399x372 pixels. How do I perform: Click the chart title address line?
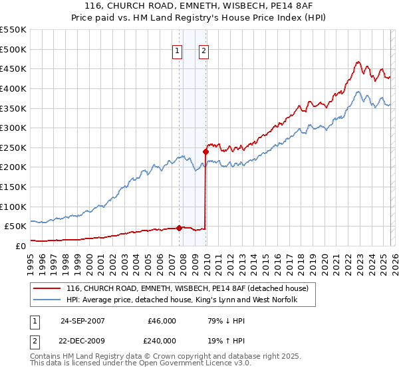pos(199,6)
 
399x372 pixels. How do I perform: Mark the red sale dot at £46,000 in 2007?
pos(179,228)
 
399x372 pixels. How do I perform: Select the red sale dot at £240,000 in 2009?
pos(205,151)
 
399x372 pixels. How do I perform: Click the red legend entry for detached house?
pos(187,289)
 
